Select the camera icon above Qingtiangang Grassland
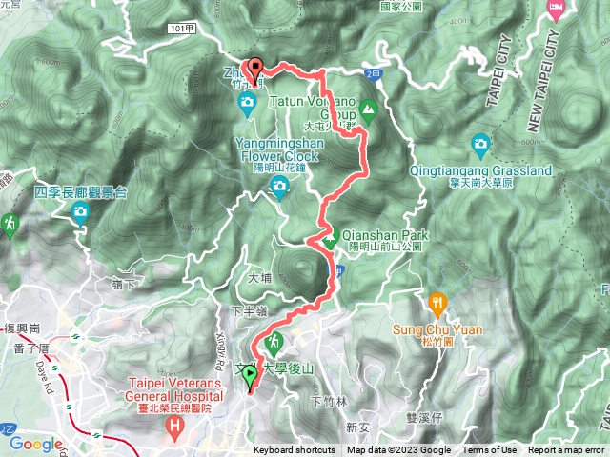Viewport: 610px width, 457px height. [x=481, y=145]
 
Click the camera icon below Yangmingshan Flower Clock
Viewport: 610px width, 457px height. [x=279, y=186]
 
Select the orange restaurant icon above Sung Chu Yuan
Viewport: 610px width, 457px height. [x=438, y=304]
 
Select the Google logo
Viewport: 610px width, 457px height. [x=36, y=444]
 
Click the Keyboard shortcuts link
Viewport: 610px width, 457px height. [x=294, y=450]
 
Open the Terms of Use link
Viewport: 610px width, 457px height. [x=490, y=450]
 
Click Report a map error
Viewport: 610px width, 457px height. [x=567, y=450]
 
